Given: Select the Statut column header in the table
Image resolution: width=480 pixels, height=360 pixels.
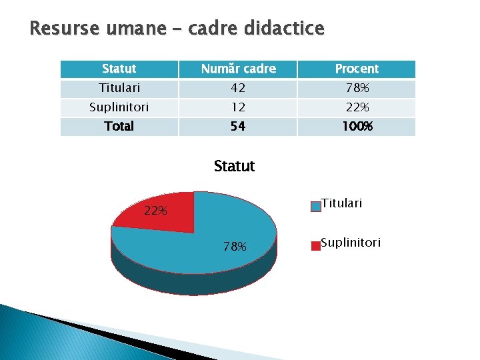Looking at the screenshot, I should (119, 69).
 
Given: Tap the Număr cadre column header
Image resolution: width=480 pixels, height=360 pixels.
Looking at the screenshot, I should (238, 69).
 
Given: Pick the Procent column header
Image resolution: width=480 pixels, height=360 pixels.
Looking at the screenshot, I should (357, 69).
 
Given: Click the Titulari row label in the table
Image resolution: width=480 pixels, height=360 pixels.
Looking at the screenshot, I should (119, 88).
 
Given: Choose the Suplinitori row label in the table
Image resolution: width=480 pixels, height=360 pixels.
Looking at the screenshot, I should (119, 107).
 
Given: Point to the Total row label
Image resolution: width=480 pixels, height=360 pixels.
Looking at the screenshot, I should (119, 126).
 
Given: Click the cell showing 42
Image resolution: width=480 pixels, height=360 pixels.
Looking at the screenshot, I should (238, 88).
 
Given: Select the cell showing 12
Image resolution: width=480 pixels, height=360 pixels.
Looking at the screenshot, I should (238, 107).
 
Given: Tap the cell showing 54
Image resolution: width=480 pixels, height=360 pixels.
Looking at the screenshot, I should (238, 126).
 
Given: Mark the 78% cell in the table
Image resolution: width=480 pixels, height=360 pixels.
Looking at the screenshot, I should (357, 88).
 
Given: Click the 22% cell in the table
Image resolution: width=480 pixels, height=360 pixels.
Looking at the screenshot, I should (357, 107).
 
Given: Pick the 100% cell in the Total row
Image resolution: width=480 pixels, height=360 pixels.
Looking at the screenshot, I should (357, 126).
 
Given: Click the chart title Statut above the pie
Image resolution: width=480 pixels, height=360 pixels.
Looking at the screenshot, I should (234, 166).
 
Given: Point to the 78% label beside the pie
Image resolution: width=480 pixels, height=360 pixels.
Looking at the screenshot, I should (235, 247).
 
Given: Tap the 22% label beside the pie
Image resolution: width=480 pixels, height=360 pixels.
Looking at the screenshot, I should (155, 211).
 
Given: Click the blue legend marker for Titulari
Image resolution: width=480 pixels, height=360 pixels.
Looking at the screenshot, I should (315, 207).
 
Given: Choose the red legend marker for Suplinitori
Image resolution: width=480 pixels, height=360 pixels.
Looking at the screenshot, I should (315, 245).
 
